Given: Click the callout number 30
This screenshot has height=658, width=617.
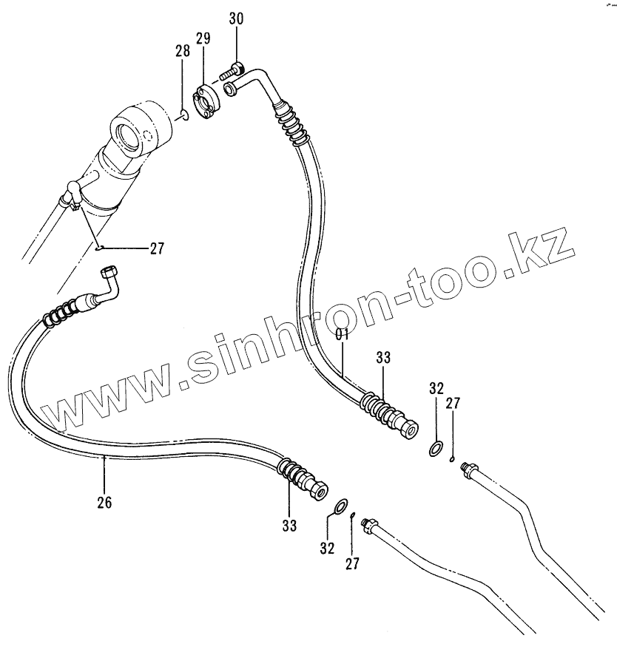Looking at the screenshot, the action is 235,19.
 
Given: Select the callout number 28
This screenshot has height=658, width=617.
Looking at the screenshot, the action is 182,51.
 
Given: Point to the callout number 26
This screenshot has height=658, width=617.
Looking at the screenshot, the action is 104,503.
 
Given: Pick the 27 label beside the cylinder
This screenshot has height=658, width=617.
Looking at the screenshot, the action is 156,248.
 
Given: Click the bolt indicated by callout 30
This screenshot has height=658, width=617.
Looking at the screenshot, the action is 232,72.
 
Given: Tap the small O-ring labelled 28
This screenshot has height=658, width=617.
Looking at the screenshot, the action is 183,113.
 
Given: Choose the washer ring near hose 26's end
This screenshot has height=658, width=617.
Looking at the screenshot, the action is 341,506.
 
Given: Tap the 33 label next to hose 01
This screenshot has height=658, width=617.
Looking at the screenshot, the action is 382,359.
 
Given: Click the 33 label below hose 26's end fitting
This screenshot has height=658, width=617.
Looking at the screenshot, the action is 289,526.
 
